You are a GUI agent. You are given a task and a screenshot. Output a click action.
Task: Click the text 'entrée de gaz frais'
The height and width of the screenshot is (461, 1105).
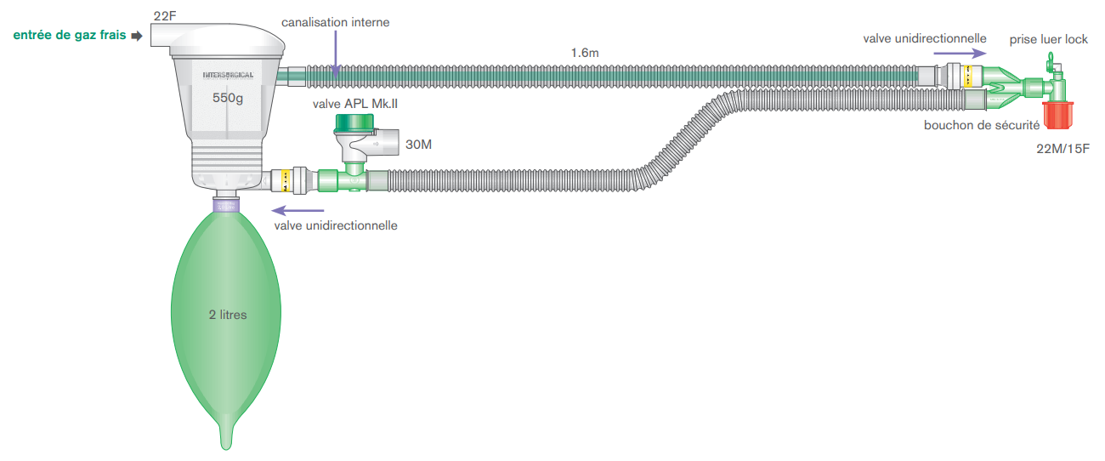point(68,35)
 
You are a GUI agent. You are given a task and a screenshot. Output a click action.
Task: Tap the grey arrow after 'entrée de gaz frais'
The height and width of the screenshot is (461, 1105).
point(136,36)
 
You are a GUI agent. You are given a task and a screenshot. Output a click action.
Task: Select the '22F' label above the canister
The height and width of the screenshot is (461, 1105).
point(166,16)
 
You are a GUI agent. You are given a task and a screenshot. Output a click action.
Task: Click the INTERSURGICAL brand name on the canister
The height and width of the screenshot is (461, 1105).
point(228,76)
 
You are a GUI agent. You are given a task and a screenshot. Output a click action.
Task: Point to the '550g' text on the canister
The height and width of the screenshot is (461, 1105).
point(228,98)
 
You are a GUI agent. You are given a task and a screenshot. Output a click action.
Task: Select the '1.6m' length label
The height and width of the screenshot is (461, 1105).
point(585,54)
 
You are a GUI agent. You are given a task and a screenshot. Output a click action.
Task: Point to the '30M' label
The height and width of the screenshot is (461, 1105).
point(418,145)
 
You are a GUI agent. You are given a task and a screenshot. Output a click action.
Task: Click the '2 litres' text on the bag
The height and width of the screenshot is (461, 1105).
point(228,315)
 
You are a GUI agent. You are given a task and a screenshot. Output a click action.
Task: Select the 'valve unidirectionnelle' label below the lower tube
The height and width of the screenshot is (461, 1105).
point(336,225)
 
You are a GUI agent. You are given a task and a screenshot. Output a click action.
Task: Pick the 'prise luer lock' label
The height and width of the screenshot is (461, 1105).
point(1048,39)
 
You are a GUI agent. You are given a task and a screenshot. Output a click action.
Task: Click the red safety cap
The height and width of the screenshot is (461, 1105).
point(1058,114)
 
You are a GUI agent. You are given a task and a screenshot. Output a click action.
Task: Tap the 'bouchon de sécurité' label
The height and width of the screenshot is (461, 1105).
point(982,126)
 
